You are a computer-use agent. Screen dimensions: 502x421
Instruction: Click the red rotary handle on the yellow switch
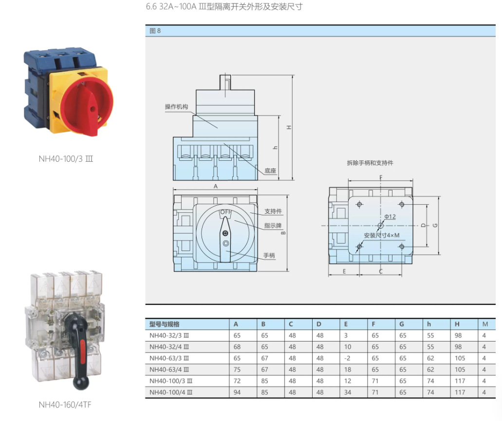click(87, 106)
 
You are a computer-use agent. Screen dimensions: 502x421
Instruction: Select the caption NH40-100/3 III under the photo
click(66, 159)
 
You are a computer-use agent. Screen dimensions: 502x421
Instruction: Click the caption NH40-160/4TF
click(65, 405)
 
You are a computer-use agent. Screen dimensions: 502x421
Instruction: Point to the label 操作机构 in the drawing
click(176, 107)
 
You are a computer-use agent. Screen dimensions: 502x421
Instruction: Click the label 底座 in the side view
click(270, 171)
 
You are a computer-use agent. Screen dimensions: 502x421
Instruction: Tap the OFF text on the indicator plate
click(226, 212)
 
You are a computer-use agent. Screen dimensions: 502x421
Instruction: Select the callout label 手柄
click(269, 255)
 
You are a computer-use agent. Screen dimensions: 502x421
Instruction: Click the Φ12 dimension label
click(390, 216)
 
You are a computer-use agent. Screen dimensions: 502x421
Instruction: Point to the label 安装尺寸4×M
click(382, 235)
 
